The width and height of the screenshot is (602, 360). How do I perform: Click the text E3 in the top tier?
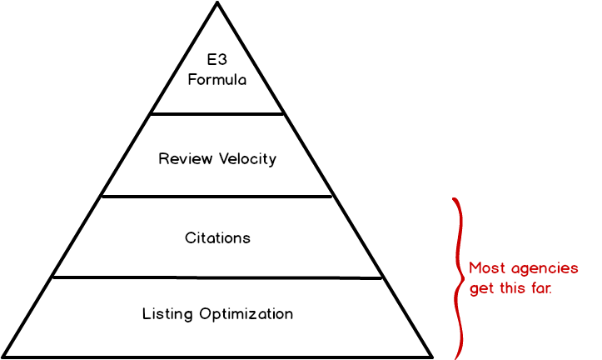pyautogui.click(x=217, y=60)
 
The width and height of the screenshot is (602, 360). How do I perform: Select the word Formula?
pyautogui.click(x=217, y=80)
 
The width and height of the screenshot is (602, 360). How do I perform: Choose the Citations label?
pyautogui.click(x=217, y=237)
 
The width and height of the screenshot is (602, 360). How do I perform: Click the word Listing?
pyautogui.click(x=169, y=314)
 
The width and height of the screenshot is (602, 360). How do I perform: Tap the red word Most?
pyautogui.click(x=486, y=268)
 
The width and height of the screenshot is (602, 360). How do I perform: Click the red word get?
pyautogui.click(x=480, y=289)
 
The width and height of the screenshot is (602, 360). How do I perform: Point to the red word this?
pyautogui.click(x=510, y=288)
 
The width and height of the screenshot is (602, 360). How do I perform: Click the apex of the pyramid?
pyautogui.click(x=217, y=7)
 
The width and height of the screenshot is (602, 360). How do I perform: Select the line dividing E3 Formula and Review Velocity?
pyautogui.click(x=217, y=113)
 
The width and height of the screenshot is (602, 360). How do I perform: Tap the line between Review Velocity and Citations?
pyautogui.click(x=217, y=197)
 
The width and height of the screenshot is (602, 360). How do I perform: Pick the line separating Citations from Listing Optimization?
pyautogui.click(x=217, y=277)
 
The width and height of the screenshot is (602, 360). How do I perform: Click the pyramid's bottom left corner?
pyautogui.click(x=4, y=356)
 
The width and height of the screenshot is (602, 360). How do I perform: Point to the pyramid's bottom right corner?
pyautogui.click(x=429, y=356)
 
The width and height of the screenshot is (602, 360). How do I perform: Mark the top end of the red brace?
pyautogui.click(x=454, y=199)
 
